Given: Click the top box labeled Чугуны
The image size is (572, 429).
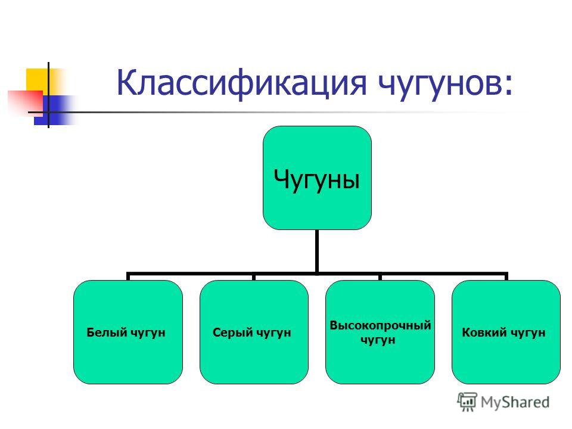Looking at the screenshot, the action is point(317,178).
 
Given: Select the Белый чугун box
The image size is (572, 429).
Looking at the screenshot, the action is point(128,332).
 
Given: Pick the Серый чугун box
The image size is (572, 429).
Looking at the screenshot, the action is point(254,332).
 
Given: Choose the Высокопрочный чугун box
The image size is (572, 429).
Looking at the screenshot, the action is point(380,332).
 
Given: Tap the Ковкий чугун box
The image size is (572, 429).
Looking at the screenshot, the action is point(506,332).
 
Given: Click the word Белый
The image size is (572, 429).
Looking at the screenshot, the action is point(107,332).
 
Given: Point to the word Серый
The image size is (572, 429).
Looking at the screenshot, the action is point(233,332).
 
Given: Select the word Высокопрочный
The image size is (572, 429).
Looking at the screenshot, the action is point(380,325).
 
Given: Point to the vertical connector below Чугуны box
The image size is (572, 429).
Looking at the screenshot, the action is point(317,251).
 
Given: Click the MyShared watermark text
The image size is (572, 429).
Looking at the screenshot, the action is point(515,402).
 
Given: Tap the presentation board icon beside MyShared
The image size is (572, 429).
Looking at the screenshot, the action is point(467,402).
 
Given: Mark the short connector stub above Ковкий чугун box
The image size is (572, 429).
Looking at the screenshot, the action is point(506,276).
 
